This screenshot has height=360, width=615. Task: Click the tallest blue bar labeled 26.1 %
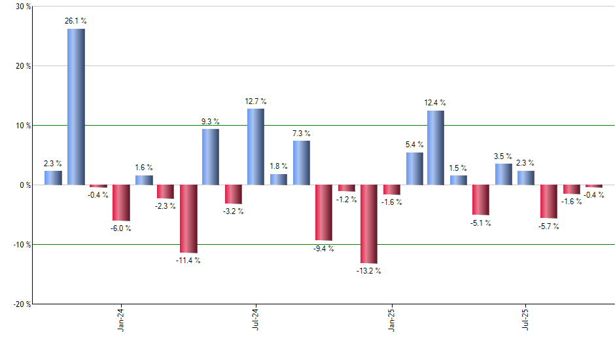point(76,107)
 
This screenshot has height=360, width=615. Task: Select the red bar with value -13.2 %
point(368,224)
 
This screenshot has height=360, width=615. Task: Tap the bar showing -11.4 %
point(188,219)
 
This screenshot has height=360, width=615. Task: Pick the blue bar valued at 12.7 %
point(256,147)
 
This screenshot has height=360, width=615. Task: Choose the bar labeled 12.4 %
point(436,148)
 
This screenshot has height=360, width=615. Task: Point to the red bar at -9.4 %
point(323,213)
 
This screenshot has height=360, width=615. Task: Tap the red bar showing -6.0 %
point(121,203)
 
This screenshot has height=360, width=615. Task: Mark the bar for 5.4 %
point(415,169)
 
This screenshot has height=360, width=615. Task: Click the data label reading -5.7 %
point(548,227)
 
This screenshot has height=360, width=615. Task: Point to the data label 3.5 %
point(503,156)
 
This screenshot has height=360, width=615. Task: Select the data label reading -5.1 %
point(480,223)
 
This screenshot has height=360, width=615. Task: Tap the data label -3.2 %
point(234,211)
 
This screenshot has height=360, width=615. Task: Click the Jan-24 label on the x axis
point(121,319)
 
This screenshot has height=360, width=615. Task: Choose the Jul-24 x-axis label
point(255,319)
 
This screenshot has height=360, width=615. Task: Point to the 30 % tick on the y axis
point(23,7)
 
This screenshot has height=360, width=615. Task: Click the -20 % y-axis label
point(22,304)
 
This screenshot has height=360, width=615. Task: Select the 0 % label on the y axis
point(25,185)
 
